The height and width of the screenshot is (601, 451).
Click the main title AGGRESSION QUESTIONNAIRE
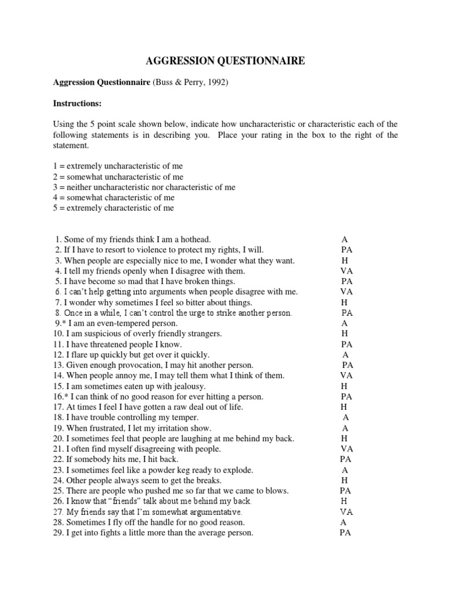(225, 61)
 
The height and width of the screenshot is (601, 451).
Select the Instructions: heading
(78, 103)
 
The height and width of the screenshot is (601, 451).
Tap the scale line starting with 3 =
(144, 187)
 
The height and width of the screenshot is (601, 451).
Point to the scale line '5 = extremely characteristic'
(113, 208)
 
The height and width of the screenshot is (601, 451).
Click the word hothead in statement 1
(193, 239)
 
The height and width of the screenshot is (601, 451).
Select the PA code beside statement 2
(346, 250)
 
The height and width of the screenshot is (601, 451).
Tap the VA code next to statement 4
(346, 271)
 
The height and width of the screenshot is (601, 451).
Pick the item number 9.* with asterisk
(60, 323)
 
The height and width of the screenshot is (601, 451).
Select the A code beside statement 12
(345, 354)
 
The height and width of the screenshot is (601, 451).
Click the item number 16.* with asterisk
(62, 397)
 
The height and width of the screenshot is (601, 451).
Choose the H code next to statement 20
(345, 438)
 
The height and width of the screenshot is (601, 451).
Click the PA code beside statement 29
(345, 533)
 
